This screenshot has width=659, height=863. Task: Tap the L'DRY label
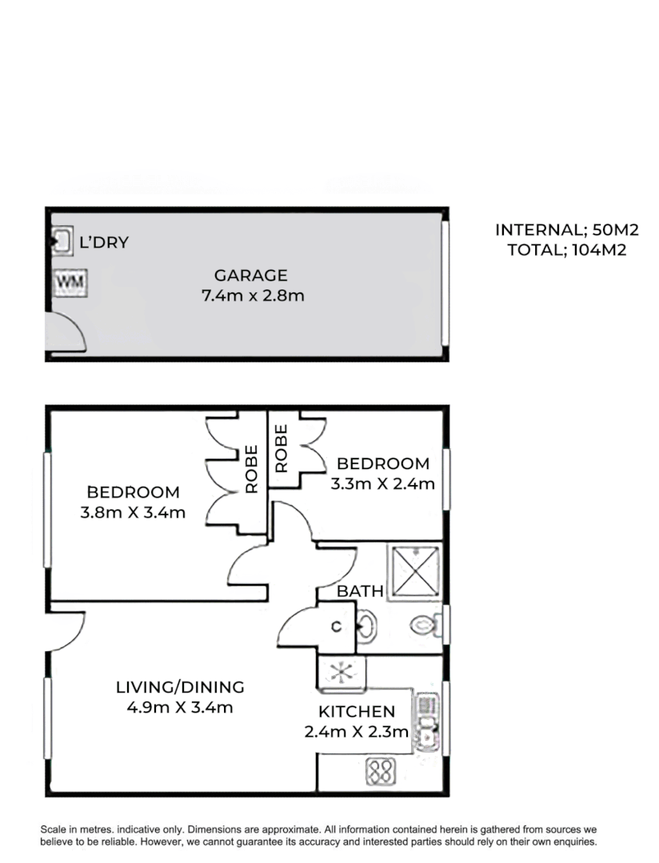pos(103,242)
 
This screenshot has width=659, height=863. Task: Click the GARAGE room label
pos(250,276)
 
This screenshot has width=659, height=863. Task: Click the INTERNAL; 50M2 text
pos(566,230)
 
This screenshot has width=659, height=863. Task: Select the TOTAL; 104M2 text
pos(566,249)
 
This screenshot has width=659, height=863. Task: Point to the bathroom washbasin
pos(366,625)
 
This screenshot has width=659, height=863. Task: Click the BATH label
pos(360,591)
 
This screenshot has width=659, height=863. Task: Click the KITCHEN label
pos(357,711)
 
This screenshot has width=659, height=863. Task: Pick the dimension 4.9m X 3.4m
pos(180,706)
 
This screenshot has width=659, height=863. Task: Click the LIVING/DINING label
pos(180,686)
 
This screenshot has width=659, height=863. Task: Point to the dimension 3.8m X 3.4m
pos(133,511)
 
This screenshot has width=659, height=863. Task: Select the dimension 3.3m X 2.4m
pos(382,483)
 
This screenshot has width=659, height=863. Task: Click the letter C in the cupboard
pos(337,627)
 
